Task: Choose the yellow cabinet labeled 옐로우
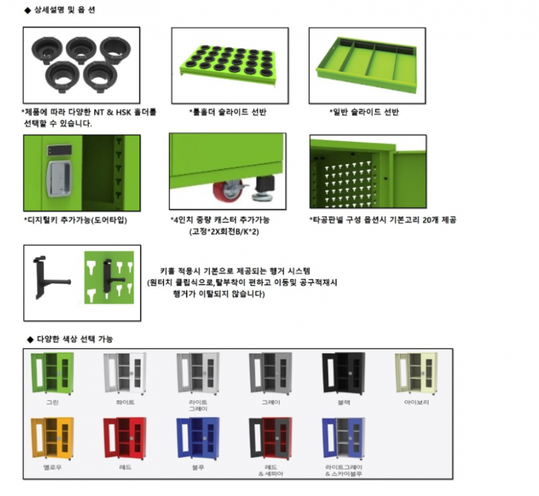coord(52,437)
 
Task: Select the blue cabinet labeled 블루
coord(197,437)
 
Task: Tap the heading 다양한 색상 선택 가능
coord(72,339)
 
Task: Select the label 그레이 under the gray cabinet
coord(270,402)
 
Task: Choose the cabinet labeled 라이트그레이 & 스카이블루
coord(342,437)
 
